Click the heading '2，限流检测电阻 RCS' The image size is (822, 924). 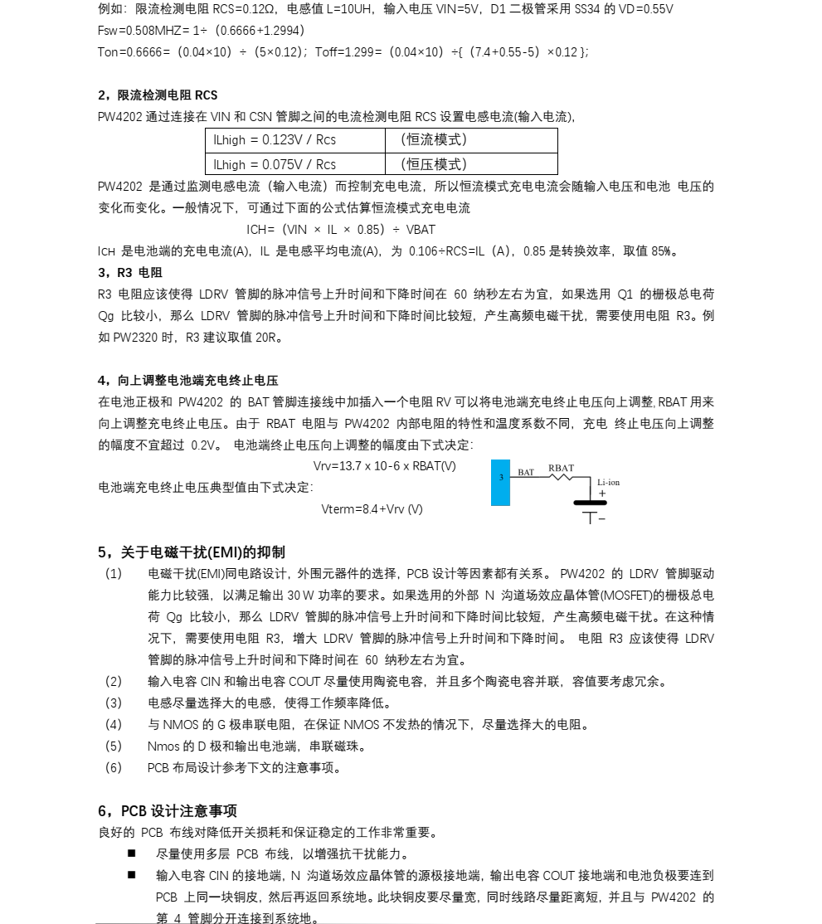[x=158, y=95]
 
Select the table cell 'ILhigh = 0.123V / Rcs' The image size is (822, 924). [x=275, y=140]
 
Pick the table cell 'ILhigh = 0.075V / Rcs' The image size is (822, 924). [x=275, y=164]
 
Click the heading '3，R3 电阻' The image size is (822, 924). [x=130, y=273]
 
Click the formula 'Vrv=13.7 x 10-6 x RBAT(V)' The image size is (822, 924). [x=384, y=466]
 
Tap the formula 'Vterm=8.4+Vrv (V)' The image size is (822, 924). [x=372, y=509]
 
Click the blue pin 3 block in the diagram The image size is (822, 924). [x=501, y=482]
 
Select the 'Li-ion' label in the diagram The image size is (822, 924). [x=608, y=483]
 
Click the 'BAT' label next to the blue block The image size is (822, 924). [x=526, y=473]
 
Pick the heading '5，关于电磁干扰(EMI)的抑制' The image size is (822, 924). [x=192, y=552]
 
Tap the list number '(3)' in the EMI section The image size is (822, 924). [x=114, y=703]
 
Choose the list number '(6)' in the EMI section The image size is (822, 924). [x=114, y=768]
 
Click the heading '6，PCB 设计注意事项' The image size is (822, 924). [x=168, y=811]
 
